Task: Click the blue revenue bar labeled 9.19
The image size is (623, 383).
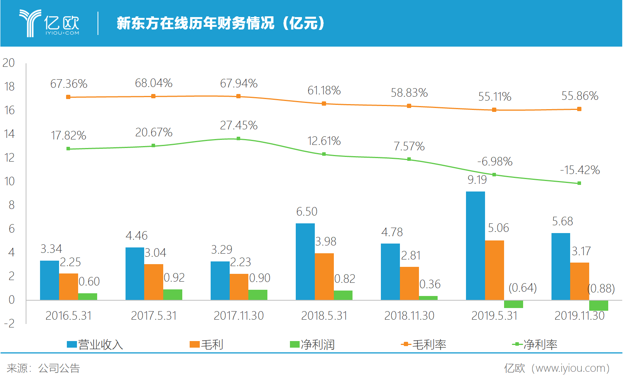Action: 475,245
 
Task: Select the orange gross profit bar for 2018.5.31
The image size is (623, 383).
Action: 324,276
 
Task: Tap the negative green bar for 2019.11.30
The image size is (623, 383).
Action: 599,305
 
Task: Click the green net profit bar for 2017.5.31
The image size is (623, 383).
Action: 173,294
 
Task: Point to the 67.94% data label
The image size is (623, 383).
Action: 239,84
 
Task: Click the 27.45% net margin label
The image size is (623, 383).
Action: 239,125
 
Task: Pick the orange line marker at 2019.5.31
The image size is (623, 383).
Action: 494,110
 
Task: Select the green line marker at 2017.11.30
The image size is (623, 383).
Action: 239,138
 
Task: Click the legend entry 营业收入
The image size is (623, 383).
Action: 95,345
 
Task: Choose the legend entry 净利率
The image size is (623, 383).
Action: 535,345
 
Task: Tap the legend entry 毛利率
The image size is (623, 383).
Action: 424,345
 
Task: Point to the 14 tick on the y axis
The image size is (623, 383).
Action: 9,134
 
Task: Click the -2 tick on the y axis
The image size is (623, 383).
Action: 9,324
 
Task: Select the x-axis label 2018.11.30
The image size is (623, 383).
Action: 409,316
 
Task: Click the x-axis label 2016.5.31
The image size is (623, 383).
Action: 68,316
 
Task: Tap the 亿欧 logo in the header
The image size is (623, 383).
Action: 50,23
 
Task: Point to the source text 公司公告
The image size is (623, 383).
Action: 59,368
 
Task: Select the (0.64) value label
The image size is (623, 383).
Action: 522,288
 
